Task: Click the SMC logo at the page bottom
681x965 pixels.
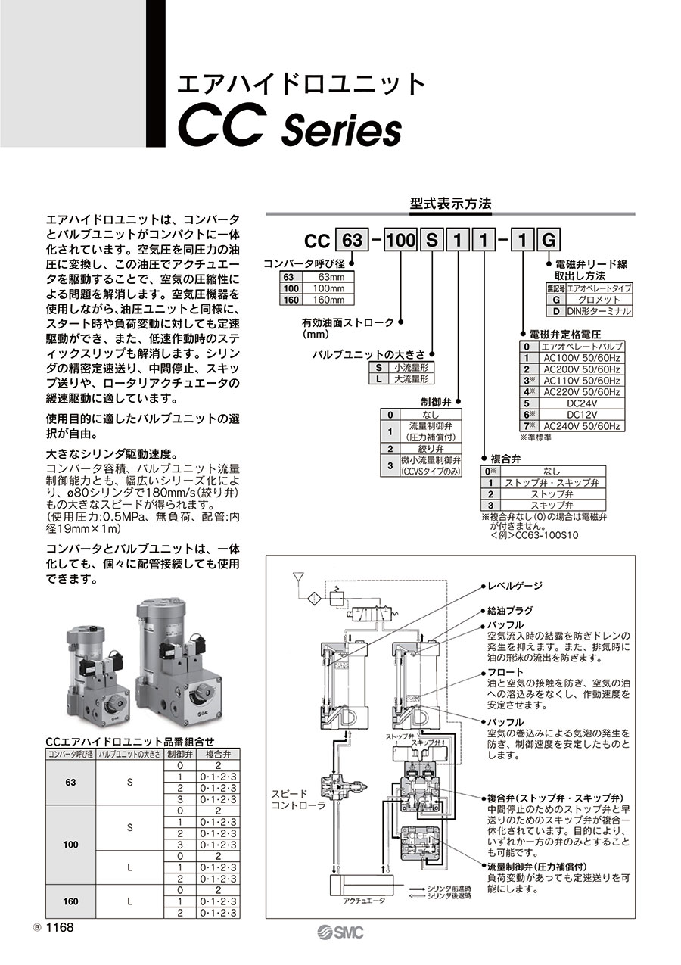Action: [340, 932]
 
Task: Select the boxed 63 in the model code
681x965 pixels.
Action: [352, 241]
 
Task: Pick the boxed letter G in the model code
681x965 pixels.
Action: [549, 241]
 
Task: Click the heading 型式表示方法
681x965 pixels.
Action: [450, 204]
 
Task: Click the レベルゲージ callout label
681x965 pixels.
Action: [515, 586]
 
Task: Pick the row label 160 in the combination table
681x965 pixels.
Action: [73, 901]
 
